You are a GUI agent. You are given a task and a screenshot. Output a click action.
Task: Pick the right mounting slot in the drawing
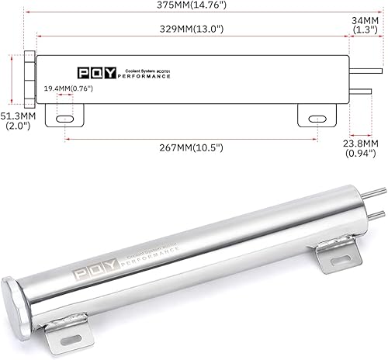[317, 119]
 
